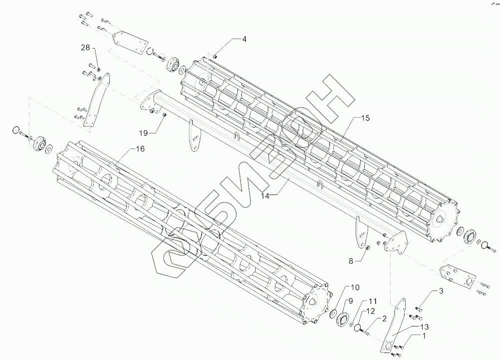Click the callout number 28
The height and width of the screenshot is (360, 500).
click(85, 47)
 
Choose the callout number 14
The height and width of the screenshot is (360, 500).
click(265, 196)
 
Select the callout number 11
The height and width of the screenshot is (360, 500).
click(373, 301)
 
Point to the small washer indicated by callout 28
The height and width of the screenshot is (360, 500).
click(98, 68)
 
